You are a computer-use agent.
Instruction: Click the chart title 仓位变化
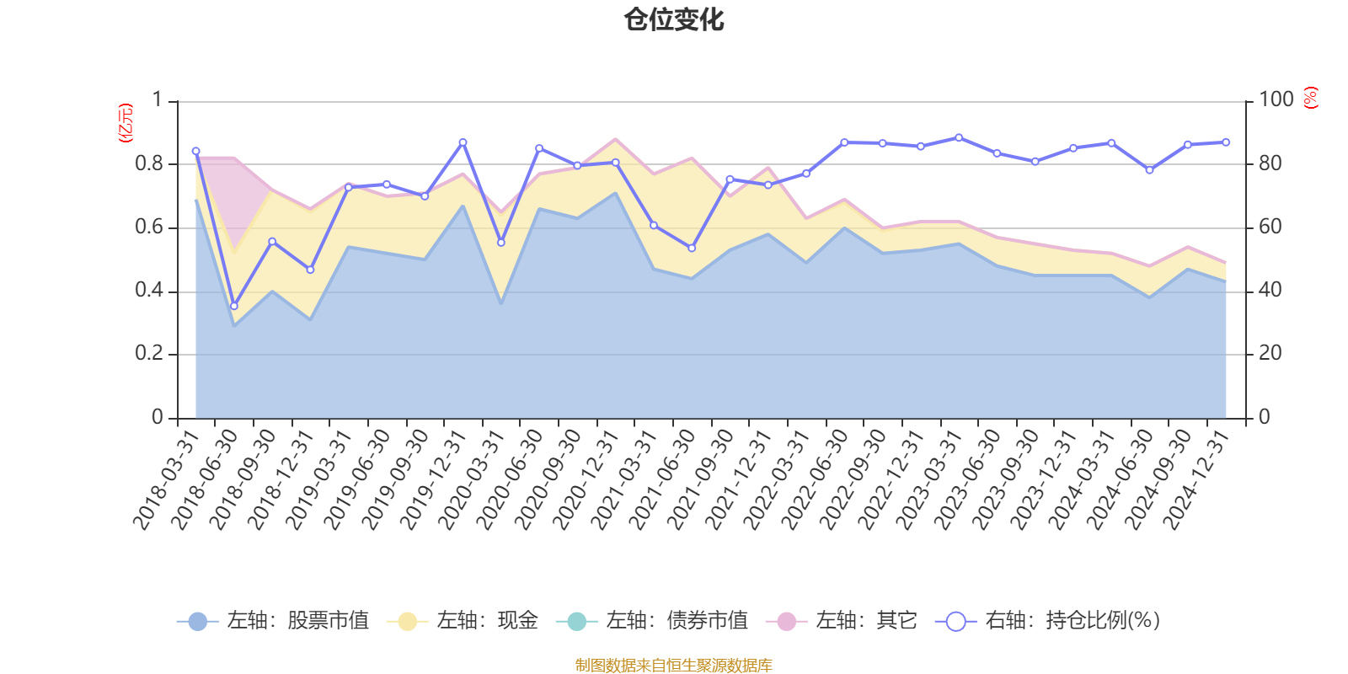coord(674,19)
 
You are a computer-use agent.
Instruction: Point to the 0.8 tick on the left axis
coord(149,163)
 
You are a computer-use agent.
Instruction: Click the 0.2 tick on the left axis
coord(149,354)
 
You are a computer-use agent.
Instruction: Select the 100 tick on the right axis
coord(1276,99)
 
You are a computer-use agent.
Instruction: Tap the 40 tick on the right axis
coord(1270,291)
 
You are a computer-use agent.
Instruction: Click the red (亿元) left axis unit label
coord(126,123)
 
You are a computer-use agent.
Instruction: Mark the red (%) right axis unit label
coord(1310,98)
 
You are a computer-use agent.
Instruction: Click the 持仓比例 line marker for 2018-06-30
coord(234,306)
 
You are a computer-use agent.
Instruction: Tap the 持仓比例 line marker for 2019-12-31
coord(463,142)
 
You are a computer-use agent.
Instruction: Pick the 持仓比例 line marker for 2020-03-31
coord(501,243)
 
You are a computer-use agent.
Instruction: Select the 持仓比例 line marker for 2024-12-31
coord(1226,142)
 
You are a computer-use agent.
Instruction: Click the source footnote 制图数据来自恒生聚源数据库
coord(674,666)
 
